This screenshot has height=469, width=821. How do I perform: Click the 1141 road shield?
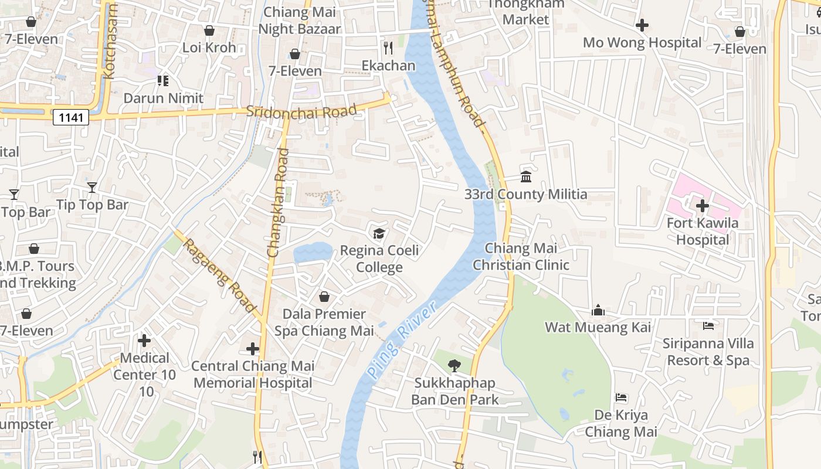71,118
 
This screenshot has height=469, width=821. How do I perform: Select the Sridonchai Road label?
301,111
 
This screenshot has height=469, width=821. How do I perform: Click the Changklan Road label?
279,202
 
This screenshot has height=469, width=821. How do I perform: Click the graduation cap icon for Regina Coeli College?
379,234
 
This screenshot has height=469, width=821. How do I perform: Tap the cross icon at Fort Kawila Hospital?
702,206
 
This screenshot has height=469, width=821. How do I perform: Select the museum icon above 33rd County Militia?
526,176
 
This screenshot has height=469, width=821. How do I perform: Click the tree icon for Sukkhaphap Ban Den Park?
454,366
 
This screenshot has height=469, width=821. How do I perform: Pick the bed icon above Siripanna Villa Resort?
708,325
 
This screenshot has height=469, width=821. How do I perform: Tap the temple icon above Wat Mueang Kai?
598,310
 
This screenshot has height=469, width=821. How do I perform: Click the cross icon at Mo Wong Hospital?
642,25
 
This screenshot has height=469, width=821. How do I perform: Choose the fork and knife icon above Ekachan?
388,47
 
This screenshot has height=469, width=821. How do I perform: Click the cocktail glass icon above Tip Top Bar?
92,187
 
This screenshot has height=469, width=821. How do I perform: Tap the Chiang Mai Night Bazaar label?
300,21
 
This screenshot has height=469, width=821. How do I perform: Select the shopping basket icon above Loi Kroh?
209,30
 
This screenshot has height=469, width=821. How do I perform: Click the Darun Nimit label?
163,98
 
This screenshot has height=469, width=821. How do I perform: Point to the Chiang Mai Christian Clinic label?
521,257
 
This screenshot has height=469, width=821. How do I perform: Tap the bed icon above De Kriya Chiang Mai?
621,398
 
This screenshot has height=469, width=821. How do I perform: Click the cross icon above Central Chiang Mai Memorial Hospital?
253,349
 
